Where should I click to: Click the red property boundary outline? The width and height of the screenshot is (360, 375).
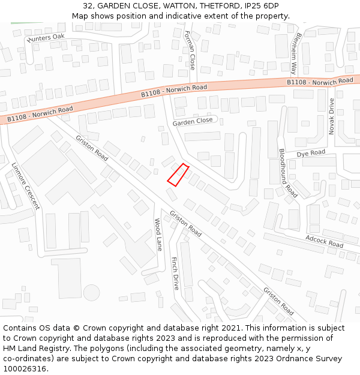pos(178,174)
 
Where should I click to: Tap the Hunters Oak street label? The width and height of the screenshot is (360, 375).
pos(46,38)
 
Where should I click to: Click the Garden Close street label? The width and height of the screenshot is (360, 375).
pos(193,121)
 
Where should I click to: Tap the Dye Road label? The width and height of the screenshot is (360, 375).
pos(311,154)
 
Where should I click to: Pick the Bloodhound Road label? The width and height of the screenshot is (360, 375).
pos(288,173)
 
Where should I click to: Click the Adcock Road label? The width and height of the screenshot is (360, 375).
pos(324,241)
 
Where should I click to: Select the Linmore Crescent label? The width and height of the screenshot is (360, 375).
pos(26,185)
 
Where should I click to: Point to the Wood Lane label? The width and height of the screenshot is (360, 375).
pos(158,234)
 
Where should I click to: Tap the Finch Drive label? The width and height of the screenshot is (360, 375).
pos(175,274)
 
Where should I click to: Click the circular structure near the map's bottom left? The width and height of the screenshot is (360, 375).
pos(91,293)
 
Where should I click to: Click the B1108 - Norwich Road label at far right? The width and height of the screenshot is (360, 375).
pos(320,81)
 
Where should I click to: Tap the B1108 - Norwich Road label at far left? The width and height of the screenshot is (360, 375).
pos(40,114)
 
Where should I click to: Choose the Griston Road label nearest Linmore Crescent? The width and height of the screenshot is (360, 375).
pos(92,148)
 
